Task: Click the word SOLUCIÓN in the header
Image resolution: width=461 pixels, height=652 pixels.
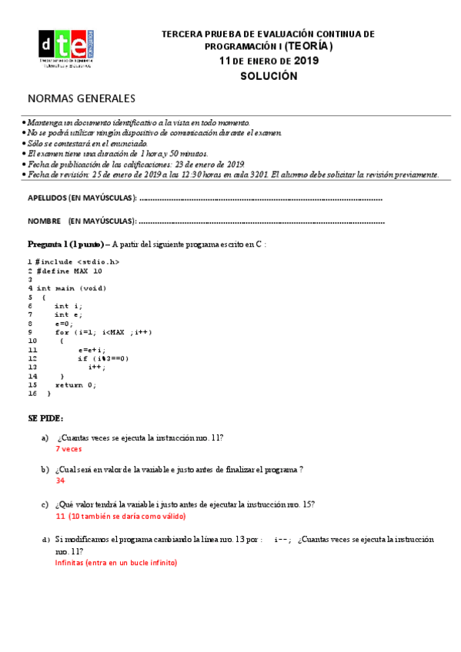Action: pyautogui.click(x=268, y=76)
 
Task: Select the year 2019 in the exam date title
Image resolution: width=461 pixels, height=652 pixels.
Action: pyautogui.click(x=306, y=61)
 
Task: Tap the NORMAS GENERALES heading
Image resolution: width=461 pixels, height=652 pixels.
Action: pyautogui.click(x=81, y=98)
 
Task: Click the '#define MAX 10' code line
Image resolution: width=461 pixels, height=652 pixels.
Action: pyautogui.click(x=68, y=271)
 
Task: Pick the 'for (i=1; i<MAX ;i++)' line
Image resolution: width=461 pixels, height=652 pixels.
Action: pyautogui.click(x=103, y=332)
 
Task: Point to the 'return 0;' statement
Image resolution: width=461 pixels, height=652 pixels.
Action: pyautogui.click(x=75, y=384)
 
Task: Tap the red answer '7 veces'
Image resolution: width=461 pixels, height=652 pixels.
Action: pyautogui.click(x=68, y=449)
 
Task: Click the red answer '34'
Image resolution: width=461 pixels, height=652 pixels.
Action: pyautogui.click(x=60, y=481)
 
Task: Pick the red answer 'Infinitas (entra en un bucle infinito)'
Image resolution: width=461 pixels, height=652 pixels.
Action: pyautogui.click(x=115, y=563)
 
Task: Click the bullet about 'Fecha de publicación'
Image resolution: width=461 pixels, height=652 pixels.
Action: pyautogui.click(x=135, y=164)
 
